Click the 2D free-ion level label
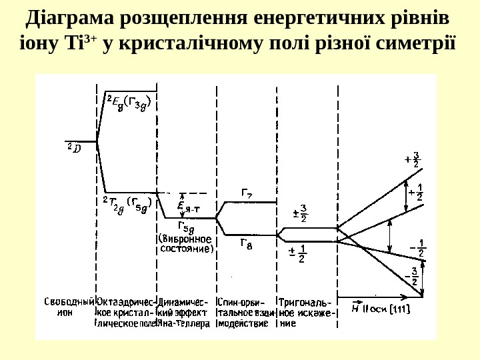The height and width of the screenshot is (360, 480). pos(73,149)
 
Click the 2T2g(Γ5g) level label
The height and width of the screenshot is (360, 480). pos(127,202)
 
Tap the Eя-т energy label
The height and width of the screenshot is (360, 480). pos(193,206)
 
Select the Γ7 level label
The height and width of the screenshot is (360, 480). pos(246,195)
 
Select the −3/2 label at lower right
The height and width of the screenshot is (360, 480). pos(413,276)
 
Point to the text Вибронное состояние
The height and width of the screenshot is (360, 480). pos(186,244)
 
